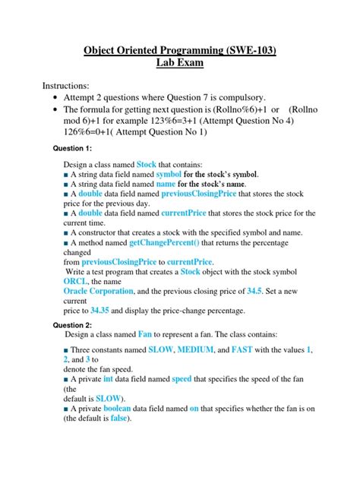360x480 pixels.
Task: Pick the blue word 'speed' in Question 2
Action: [182, 378]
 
